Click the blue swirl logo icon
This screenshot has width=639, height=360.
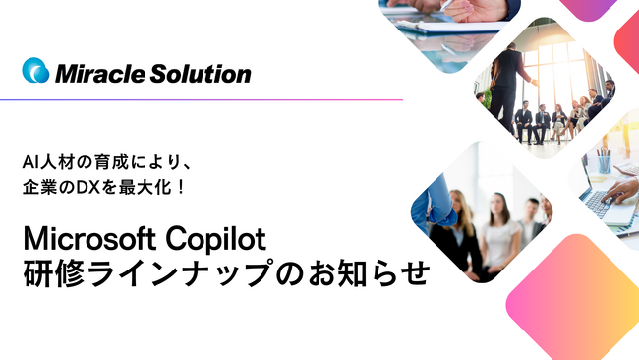click(x=34, y=71)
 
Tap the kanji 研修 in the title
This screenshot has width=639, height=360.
click(x=59, y=273)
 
